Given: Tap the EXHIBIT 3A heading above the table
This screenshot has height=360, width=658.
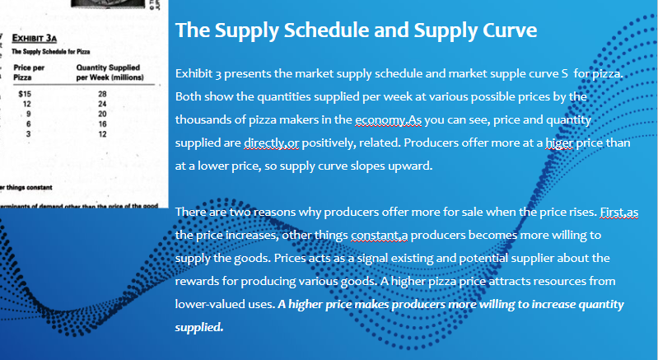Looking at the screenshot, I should point(34,36).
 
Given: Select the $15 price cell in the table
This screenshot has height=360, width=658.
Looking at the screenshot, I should point(26,94).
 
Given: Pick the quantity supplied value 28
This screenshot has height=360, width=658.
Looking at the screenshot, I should point(103,94).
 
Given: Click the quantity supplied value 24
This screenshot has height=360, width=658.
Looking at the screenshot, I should point(103,104).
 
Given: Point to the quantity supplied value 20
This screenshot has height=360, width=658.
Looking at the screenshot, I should point(103,113).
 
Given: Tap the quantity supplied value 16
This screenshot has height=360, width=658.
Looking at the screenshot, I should point(103,123).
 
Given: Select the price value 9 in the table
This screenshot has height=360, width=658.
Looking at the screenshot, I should point(28,113).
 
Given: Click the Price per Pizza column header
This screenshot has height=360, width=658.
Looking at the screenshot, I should point(29,72).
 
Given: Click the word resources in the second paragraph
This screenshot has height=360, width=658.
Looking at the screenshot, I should point(567,281).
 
